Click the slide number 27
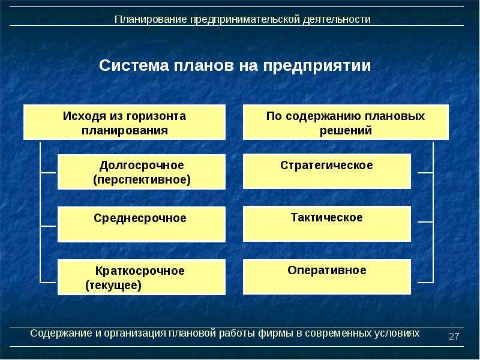454,337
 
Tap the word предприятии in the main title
317,66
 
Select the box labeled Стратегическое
326,172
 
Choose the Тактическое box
326,224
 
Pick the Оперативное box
326,277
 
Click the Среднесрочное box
142,224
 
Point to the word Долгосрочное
142,166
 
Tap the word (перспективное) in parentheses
142,179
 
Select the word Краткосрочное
140,271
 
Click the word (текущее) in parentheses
113,286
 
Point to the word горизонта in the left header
156,116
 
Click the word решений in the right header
346,131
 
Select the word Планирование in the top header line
151,19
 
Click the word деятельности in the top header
337,19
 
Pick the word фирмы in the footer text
275,333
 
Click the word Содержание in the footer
61,333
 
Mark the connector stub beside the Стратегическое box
425,173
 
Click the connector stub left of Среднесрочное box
48,226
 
